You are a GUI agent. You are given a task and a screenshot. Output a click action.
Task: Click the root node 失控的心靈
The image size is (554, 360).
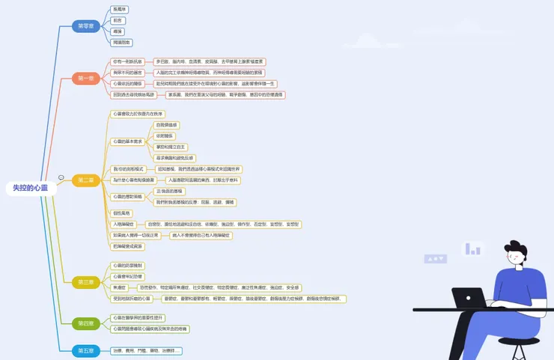click(30, 188)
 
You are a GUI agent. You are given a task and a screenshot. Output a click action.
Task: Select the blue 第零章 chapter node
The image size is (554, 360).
click(86, 26)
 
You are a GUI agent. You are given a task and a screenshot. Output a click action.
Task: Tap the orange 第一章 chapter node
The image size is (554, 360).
click(86, 78)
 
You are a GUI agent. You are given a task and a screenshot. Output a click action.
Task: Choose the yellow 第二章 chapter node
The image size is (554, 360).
click(86, 180)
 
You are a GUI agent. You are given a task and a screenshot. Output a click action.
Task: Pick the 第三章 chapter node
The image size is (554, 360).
click(86, 282)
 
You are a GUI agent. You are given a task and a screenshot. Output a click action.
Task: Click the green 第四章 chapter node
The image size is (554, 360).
click(86, 323)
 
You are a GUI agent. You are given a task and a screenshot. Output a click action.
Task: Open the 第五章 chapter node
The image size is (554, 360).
click(86, 350)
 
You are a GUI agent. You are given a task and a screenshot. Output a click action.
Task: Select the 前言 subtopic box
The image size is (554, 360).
click(118, 20)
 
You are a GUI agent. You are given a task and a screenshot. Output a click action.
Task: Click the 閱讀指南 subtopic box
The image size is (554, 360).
click(121, 43)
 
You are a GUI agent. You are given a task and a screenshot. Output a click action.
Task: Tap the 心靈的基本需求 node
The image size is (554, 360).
click(127, 141)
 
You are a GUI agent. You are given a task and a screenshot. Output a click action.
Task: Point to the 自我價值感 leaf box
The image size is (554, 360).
click(167, 125)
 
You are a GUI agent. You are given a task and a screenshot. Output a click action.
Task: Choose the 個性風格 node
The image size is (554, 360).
click(121, 213)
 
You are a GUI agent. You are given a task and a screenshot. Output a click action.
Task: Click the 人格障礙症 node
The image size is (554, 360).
click(124, 224)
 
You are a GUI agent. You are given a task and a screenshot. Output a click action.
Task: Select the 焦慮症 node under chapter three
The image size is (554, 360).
click(119, 287)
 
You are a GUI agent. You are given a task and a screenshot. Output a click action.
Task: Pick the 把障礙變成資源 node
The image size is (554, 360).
click(127, 246)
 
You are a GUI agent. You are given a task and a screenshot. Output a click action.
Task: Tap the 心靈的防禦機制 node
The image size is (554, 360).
click(127, 265)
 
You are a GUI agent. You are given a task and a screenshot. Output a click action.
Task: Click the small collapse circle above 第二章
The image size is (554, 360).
click(61, 177)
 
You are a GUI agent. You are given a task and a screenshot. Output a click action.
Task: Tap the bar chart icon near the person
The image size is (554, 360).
click(472, 248)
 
